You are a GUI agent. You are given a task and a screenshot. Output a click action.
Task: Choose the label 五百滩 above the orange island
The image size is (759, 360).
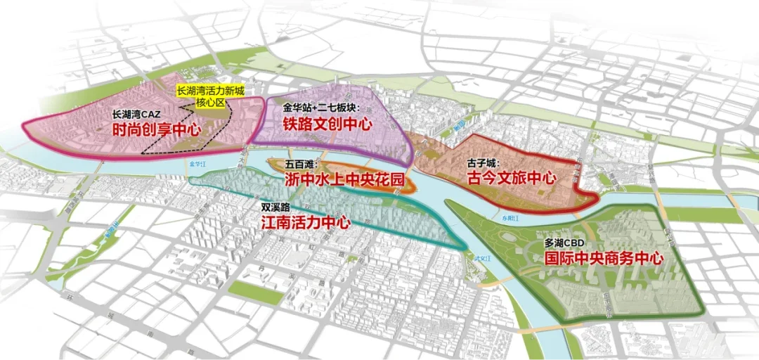point(299,164)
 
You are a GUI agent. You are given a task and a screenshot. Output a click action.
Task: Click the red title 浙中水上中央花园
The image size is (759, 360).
point(344,179)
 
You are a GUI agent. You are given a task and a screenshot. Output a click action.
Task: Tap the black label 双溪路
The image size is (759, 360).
point(275,208)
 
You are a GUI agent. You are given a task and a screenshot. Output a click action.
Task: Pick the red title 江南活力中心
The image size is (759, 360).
point(305,224)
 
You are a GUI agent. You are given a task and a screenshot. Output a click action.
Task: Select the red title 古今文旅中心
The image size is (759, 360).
point(511,178)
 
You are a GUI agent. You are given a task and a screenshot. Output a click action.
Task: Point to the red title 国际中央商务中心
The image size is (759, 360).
point(604,258)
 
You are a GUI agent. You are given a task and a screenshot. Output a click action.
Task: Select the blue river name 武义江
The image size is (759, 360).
point(480,260)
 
